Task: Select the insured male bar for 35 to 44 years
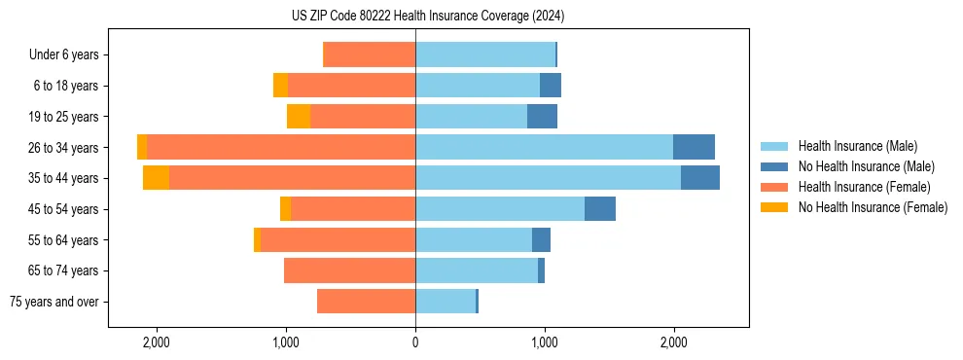click(x=548, y=178)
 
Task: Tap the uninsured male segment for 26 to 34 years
click(x=694, y=147)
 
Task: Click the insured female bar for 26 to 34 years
click(x=281, y=147)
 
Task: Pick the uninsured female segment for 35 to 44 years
click(x=156, y=178)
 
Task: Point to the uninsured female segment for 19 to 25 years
click(x=299, y=117)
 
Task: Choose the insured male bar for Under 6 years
click(x=485, y=54)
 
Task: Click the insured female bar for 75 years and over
click(x=366, y=302)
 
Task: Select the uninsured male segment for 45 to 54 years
click(x=600, y=209)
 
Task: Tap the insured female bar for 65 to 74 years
click(x=349, y=270)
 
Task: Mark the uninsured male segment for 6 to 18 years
click(x=551, y=86)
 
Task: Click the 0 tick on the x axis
click(x=415, y=342)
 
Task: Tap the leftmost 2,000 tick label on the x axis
click(x=157, y=342)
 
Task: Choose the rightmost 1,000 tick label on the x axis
click(x=545, y=342)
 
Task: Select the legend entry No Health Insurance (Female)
click(x=873, y=207)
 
